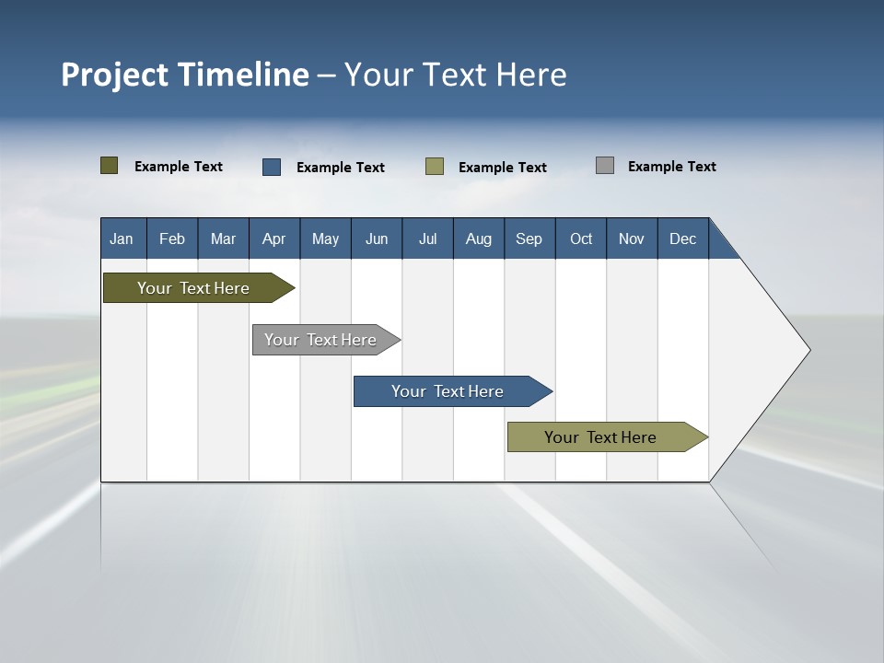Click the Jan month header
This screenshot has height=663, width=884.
pyautogui.click(x=122, y=238)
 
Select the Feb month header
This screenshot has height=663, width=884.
pyautogui.click(x=172, y=238)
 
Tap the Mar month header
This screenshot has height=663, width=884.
pyautogui.click(x=223, y=238)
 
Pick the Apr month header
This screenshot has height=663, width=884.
pyautogui.click(x=274, y=238)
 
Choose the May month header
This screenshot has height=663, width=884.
pyautogui.click(x=325, y=238)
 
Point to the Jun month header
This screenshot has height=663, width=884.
pyautogui.click(x=377, y=238)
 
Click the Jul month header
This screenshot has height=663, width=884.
pyautogui.click(x=427, y=238)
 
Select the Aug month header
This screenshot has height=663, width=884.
pyautogui.click(x=479, y=238)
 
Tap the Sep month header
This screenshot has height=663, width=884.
pyautogui.click(x=529, y=238)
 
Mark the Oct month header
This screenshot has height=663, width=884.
pyautogui.click(x=581, y=238)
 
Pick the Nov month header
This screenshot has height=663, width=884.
pyautogui.click(x=632, y=238)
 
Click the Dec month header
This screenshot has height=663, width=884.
pyautogui.click(x=683, y=238)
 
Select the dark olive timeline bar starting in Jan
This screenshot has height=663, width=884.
pyautogui.click(x=193, y=288)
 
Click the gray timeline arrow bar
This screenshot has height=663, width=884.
pyautogui.click(x=320, y=340)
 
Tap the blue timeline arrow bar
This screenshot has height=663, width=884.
pyautogui.click(x=448, y=391)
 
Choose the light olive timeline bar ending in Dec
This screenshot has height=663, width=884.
pyautogui.click(x=600, y=437)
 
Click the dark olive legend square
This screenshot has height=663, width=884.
pyautogui.click(x=110, y=166)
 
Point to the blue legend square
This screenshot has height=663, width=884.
pyautogui.click(x=272, y=167)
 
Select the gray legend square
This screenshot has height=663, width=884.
pyautogui.click(x=605, y=166)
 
